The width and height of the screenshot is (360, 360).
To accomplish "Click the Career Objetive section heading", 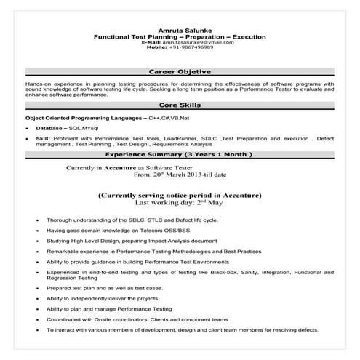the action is pos(180,73).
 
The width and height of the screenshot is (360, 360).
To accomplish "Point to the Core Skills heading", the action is pos(180,105).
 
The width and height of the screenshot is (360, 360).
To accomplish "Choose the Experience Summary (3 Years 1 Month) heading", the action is pos(180,156).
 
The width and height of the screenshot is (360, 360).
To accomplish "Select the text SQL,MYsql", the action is pos(83,127).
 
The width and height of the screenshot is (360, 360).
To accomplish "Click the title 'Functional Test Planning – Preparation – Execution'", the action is pos(180,36).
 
